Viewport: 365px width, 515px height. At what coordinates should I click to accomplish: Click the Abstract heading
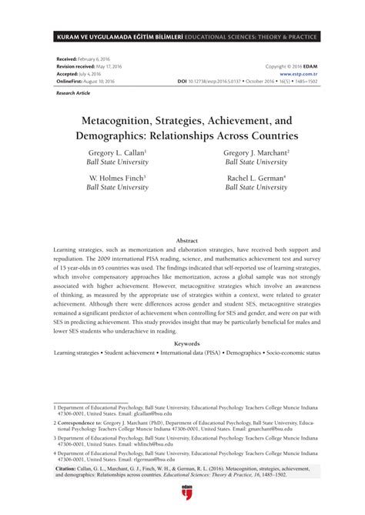tap(182, 241)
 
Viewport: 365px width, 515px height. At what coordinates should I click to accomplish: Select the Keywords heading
tap(182, 343)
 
